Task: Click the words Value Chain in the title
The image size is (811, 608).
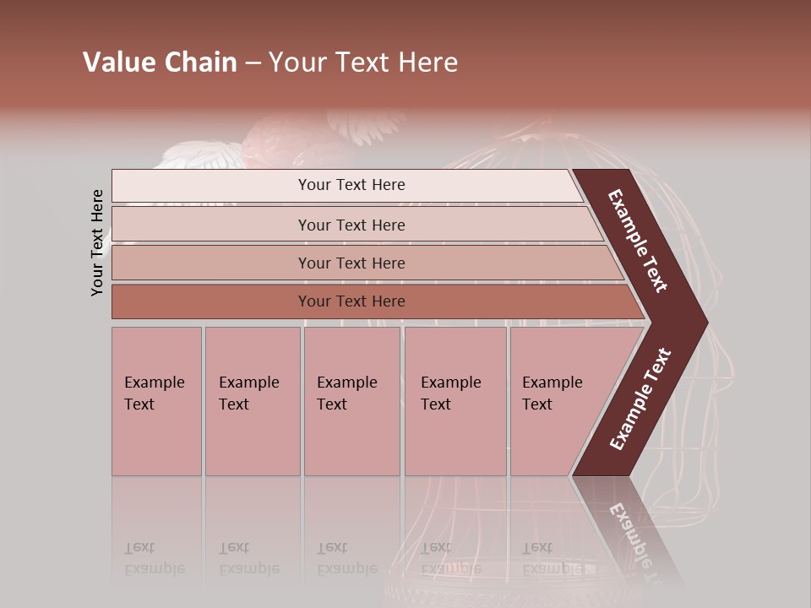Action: pos(160,62)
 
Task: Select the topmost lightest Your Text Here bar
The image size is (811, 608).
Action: pos(351,185)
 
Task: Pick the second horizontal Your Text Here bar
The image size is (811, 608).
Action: pos(351,225)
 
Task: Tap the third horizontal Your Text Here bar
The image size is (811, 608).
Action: pos(351,263)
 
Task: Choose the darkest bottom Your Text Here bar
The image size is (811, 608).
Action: pos(351,301)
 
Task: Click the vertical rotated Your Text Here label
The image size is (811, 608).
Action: pos(97,242)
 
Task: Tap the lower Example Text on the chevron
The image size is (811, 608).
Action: pos(640,399)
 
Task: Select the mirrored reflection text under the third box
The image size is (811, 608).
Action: pos(346,558)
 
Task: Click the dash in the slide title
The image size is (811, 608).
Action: pos(253,63)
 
